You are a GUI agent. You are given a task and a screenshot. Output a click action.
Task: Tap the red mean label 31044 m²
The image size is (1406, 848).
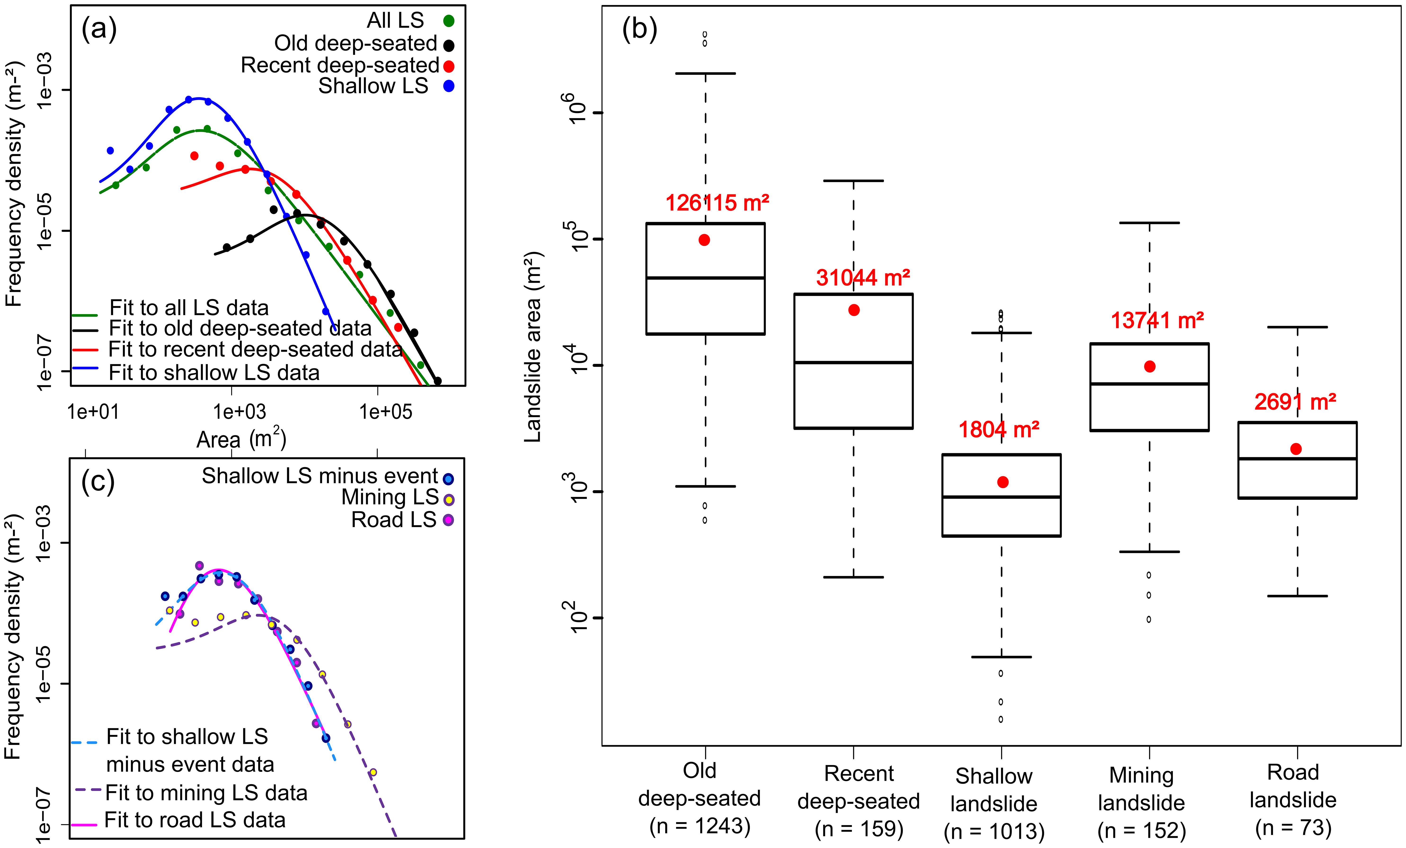(x=863, y=278)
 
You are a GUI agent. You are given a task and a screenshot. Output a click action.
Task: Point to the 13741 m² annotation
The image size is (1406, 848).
(x=1157, y=321)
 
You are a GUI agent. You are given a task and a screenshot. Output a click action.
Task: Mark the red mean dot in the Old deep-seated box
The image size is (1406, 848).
(x=704, y=240)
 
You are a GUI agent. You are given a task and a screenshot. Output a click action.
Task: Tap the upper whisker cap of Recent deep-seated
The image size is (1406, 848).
(x=854, y=181)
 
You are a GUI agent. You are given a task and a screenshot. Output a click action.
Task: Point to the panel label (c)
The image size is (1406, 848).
(x=98, y=482)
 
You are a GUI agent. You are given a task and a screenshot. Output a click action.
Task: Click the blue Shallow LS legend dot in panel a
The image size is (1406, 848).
(x=449, y=86)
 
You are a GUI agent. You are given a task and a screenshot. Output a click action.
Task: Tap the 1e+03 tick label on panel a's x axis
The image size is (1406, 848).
(x=240, y=411)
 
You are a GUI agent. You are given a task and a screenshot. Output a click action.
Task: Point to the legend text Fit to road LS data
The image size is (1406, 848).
(x=195, y=820)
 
